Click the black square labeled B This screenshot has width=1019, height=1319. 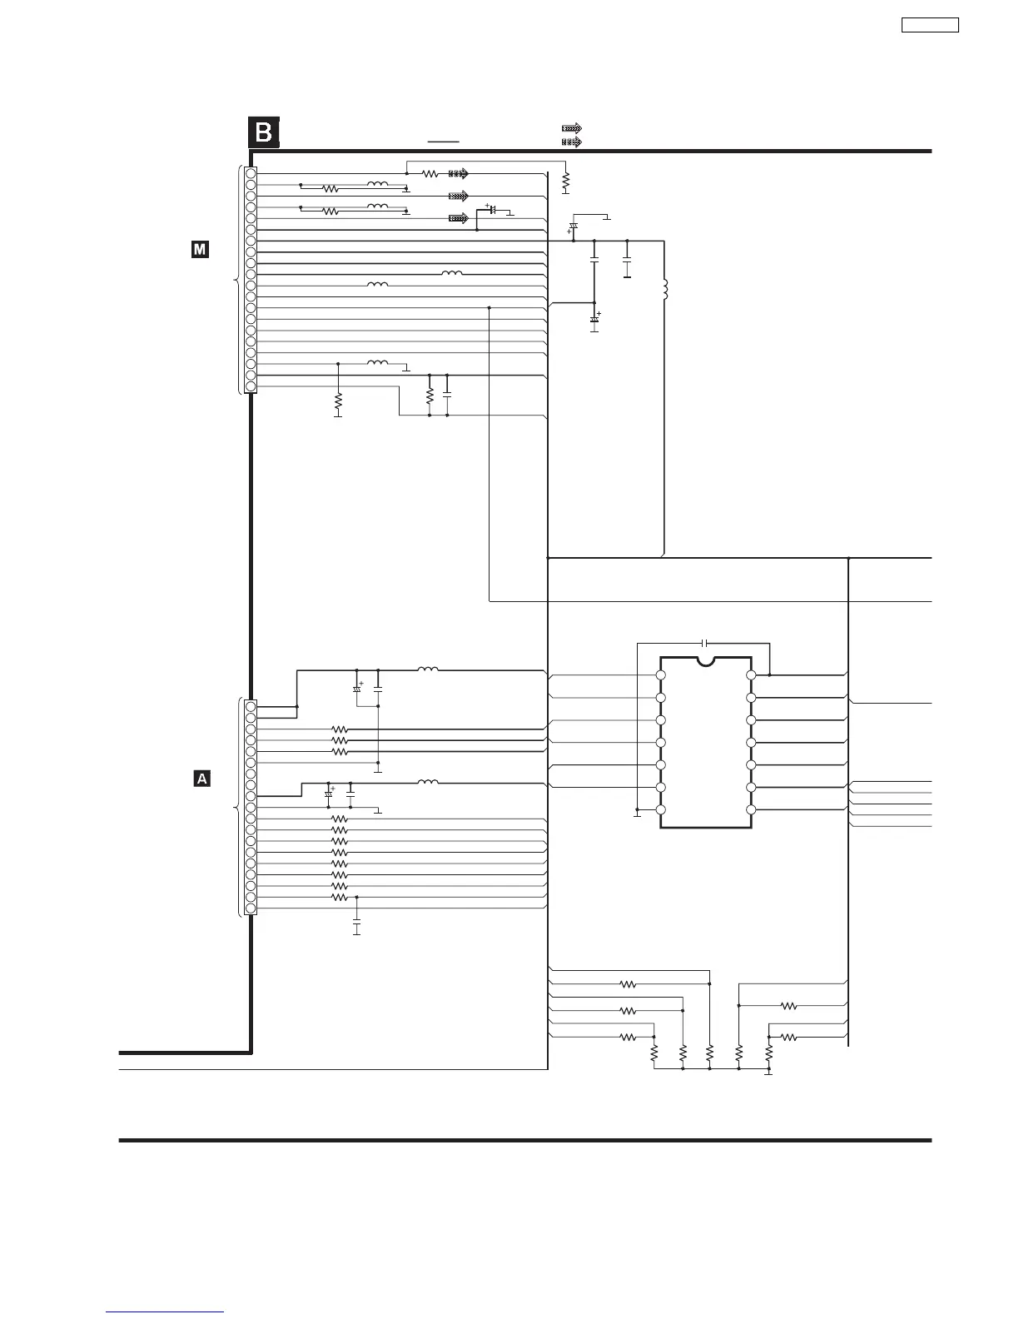263,133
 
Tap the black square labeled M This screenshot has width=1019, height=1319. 200,249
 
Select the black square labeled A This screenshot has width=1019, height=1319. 201,779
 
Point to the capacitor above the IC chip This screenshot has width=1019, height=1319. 705,643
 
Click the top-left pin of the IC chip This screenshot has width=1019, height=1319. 661,675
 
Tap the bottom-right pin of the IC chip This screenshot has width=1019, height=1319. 751,809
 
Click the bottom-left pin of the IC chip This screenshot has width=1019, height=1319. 661,809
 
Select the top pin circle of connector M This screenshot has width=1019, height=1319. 251,173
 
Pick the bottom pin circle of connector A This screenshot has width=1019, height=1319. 251,908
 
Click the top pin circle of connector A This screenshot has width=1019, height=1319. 251,707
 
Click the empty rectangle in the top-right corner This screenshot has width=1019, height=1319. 930,25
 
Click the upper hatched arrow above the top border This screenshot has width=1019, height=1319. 571,129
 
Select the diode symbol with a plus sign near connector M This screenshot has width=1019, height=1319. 492,210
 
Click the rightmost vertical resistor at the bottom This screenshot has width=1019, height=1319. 769,1053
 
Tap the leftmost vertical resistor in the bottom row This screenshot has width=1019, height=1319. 654,1053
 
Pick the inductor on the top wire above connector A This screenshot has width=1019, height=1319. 428,669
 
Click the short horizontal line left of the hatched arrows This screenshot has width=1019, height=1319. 444,142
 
